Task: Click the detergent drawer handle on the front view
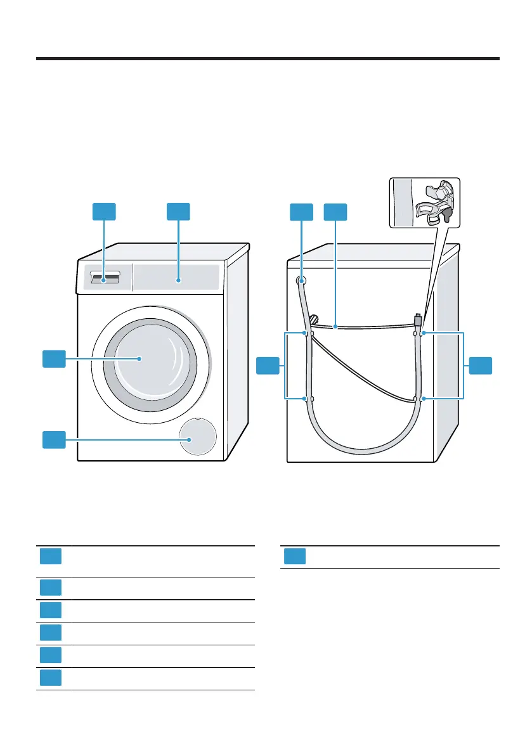click(105, 278)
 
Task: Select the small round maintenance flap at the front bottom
click(197, 438)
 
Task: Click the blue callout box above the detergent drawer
click(104, 212)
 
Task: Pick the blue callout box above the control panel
click(178, 212)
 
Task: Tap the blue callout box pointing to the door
click(54, 359)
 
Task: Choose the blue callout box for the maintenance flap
click(54, 439)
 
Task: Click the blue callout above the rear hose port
click(301, 212)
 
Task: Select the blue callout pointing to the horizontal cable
click(335, 212)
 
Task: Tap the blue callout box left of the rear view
click(268, 366)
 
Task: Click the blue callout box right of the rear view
click(481, 366)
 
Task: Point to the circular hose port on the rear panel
click(301, 280)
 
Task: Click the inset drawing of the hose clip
click(424, 201)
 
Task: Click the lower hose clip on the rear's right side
click(418, 399)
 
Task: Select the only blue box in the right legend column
click(294, 556)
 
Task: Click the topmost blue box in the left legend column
click(50, 556)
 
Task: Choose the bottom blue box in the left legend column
click(50, 678)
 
